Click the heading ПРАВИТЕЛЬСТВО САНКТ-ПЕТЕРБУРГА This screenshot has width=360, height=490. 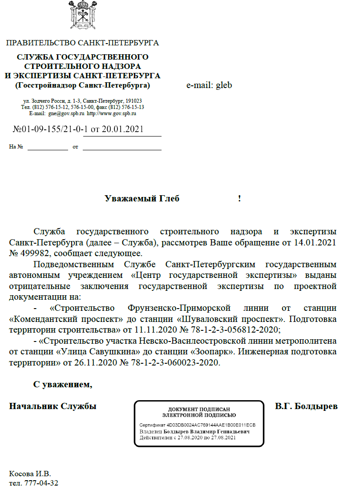click(x=82, y=43)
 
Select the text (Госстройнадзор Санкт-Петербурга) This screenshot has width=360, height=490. click(x=82, y=85)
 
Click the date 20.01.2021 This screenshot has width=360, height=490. click(x=122, y=130)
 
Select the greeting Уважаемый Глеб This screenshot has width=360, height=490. click(x=142, y=199)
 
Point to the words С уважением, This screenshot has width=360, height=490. click(x=63, y=385)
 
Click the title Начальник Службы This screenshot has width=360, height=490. click(x=53, y=406)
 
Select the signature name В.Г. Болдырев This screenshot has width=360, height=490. click(x=306, y=406)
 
